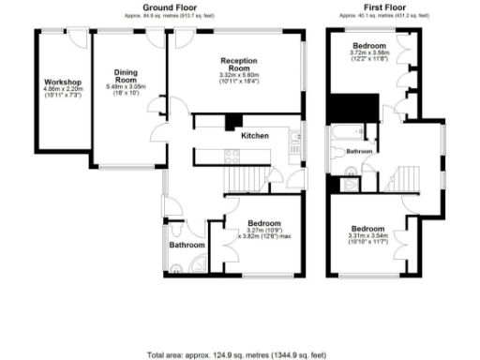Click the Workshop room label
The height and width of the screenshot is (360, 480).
64,83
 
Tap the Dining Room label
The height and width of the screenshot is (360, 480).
127,75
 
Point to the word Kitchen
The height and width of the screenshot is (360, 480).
255,137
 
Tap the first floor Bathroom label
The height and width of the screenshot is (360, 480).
361,151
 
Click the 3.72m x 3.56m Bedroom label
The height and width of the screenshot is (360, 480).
369,46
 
